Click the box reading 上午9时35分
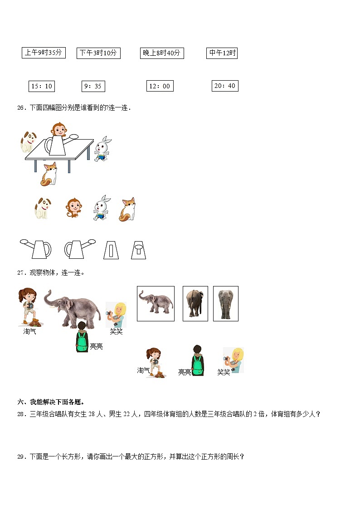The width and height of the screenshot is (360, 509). click(x=44, y=53)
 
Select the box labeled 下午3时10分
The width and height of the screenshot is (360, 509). click(x=98, y=53)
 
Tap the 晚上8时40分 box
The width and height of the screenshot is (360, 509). click(x=162, y=53)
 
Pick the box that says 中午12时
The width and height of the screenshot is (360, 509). click(x=222, y=53)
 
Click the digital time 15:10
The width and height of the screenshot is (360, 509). click(x=42, y=86)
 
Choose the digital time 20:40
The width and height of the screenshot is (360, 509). click(x=225, y=86)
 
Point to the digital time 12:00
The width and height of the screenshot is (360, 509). click(x=160, y=86)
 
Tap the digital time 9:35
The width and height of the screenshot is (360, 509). click(x=92, y=86)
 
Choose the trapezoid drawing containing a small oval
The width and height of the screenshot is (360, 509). click(x=138, y=249)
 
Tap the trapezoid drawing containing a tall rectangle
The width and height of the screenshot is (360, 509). click(x=111, y=249)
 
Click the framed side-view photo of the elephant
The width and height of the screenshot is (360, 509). click(x=156, y=303)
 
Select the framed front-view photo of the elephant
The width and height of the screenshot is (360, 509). click(x=225, y=303)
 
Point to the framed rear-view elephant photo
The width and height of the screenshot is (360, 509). click(x=195, y=303)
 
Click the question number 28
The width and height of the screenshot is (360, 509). click(x=20, y=414)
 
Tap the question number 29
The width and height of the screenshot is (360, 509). click(x=20, y=457)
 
